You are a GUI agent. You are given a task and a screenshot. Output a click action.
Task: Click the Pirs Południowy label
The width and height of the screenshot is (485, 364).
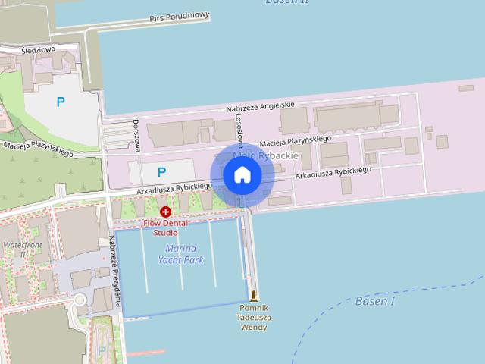coord(180,17)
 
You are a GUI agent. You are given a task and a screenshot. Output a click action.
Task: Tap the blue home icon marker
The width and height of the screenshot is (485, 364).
coord(242,175)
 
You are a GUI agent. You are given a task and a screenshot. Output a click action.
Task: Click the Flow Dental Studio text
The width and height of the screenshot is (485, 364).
coord(165,227)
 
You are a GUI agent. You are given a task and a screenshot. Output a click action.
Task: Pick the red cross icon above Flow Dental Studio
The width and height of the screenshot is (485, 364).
coord(165,212)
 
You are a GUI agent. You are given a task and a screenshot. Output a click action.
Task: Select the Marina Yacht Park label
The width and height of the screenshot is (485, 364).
coord(181,254)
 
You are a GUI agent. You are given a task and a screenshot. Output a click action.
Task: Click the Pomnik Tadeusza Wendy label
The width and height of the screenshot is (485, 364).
coord(254,318)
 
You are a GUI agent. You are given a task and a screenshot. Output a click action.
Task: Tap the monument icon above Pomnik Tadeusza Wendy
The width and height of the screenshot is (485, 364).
coord(254,296)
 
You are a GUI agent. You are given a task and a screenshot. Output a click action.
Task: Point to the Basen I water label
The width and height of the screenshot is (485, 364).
coord(375,301)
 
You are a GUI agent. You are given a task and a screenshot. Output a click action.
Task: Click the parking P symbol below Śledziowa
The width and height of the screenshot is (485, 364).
coord(61,102)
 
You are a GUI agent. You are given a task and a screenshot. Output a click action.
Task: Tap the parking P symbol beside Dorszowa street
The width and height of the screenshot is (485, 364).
coord(161,173)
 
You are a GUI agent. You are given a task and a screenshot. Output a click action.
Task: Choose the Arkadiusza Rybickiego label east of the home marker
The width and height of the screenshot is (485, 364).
coord(333,173)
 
